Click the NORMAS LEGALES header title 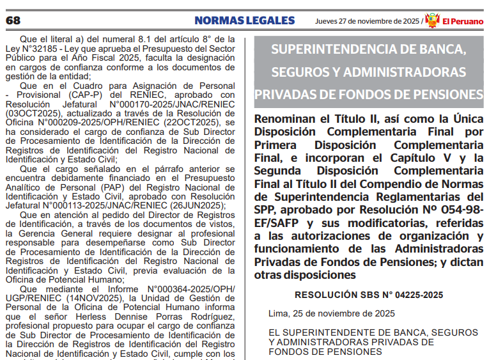point(245,20)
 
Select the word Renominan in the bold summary point(287,119)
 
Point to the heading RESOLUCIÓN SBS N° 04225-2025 point(369,295)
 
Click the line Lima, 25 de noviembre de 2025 point(332,313)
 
